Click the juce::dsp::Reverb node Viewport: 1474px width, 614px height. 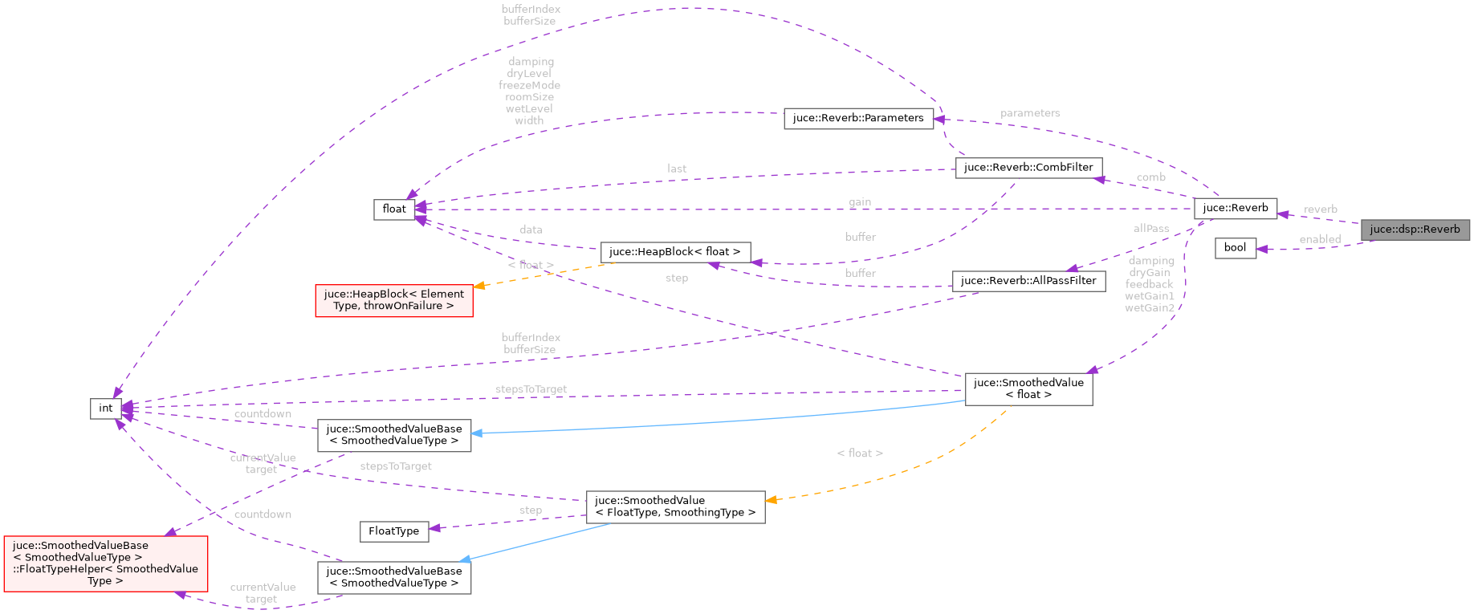point(1415,230)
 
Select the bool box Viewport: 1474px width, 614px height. point(1235,248)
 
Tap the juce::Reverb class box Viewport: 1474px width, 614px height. point(1235,208)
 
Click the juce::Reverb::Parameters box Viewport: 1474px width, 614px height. point(858,118)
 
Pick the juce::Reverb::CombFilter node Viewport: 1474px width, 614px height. point(1028,168)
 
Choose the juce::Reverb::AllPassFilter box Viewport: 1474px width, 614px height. point(1028,281)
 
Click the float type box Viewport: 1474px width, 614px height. point(394,209)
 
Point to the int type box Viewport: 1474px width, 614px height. point(106,409)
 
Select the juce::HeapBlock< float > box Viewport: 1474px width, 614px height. point(675,252)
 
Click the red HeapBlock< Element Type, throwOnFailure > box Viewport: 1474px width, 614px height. point(394,300)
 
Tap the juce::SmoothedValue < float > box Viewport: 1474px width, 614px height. point(1028,388)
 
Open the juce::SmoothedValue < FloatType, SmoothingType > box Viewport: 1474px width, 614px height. point(675,506)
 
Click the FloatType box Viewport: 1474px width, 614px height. point(393,531)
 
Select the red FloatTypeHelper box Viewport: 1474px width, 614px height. point(106,563)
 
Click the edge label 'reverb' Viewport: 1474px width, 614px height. point(1321,209)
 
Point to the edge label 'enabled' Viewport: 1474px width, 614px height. point(1320,239)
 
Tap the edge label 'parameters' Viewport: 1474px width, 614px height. point(1030,114)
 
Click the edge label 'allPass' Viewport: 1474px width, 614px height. point(1150,229)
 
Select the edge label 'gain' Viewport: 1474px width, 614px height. point(860,202)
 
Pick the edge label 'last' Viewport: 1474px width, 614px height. point(677,169)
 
